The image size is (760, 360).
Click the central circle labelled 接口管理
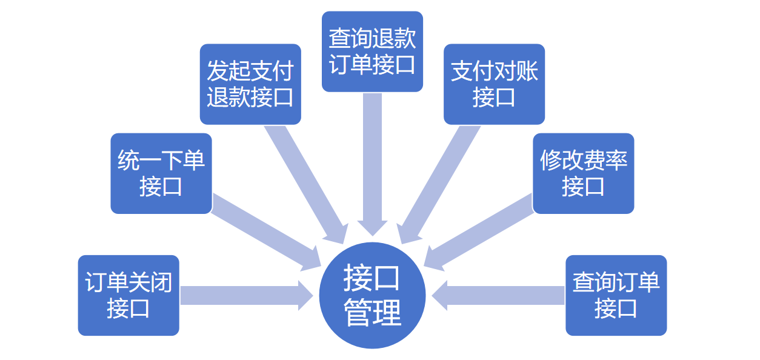click(372, 296)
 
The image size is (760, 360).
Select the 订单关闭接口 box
click(128, 295)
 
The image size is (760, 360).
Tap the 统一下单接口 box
click(161, 173)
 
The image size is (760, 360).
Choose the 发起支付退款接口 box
click(250, 84)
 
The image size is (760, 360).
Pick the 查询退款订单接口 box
click(372, 52)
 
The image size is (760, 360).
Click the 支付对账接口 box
click(494, 84)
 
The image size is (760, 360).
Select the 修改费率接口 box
click(583, 173)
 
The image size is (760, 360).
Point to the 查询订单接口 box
click(616, 295)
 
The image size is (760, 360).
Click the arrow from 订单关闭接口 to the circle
click(242, 295)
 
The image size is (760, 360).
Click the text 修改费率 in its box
click(583, 161)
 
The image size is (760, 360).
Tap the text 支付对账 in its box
click(494, 72)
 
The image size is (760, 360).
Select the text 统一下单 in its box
click(161, 161)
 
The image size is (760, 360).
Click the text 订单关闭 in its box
click(128, 282)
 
